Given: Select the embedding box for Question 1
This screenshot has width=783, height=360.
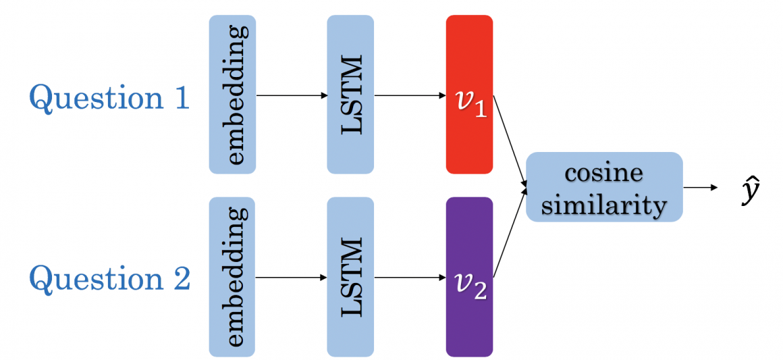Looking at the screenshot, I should click(232, 95).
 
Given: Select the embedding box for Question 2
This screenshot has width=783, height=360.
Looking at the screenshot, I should click(232, 277).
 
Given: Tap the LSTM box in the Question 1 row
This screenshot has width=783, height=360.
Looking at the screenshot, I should click(350, 95).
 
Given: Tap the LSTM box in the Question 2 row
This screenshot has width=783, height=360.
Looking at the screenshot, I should click(350, 277).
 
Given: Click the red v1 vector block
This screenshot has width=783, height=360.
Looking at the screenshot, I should click(469, 95).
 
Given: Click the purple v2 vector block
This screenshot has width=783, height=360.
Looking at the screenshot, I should click(469, 277).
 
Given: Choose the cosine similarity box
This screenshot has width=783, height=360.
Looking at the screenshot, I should click(604, 187).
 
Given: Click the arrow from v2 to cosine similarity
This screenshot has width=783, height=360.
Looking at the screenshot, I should click(510, 233).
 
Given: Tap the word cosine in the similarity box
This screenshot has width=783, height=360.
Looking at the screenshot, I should click(604, 173).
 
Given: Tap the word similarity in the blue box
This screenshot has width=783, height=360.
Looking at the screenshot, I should click(604, 203).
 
